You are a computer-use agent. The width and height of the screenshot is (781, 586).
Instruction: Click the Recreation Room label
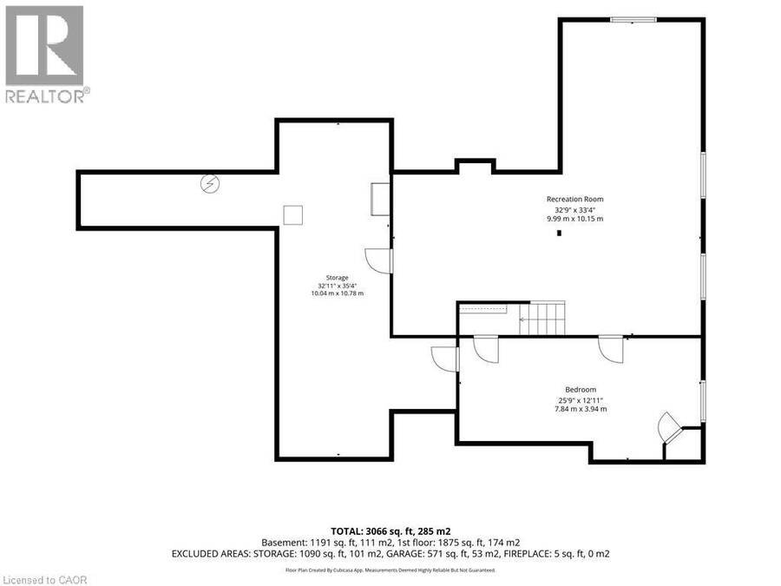[x=574, y=199]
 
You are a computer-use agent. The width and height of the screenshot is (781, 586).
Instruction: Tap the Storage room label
[x=338, y=278]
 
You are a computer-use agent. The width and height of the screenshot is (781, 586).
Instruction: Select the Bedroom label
[x=581, y=390]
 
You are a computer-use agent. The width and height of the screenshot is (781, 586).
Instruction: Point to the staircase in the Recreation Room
[x=541, y=318]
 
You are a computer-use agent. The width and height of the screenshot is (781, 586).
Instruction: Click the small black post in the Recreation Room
[x=560, y=233]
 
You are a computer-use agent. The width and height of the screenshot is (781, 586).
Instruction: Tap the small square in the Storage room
[x=293, y=214]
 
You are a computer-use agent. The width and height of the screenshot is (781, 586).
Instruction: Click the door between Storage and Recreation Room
[x=378, y=261]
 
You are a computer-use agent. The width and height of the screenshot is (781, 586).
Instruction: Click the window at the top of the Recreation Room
[x=633, y=20]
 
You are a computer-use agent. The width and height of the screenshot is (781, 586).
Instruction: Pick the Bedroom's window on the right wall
[x=703, y=401]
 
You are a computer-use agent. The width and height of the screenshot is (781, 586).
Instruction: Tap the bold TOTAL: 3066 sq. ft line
[x=391, y=531]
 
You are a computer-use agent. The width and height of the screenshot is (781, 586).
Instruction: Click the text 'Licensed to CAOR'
[x=44, y=580]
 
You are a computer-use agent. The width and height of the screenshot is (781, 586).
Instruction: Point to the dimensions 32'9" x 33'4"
[x=575, y=210]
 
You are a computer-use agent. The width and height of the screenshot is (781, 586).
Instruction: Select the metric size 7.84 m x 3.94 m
[x=581, y=409]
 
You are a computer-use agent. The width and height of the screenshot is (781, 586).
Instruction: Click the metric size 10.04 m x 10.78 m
[x=338, y=293]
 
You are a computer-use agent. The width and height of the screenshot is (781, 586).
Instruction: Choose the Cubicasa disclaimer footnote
[x=390, y=570]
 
